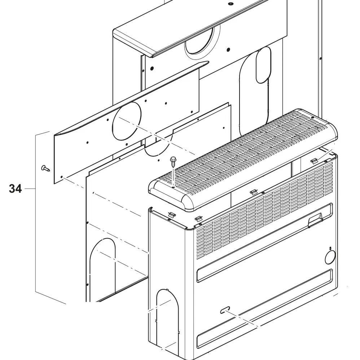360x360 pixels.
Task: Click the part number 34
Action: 15,189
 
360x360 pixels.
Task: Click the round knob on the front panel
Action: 330,258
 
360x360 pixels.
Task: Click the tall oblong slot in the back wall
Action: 263,65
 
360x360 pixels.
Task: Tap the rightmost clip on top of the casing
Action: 314,160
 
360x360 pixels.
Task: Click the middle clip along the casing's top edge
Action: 254,193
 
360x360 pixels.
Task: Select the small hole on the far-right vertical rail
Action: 320,58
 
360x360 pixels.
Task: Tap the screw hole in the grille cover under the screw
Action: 174,186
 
